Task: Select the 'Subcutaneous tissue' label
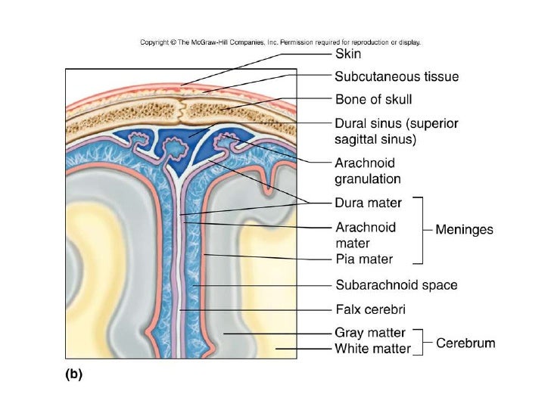pos(397,76)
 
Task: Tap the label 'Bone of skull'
pos(373,99)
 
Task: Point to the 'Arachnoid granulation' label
pos(368,171)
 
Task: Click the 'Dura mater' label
pos(368,203)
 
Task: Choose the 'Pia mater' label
pos(364,259)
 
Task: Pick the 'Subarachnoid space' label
pos(397,285)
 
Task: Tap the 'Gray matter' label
pos(370,333)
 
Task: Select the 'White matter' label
pos(372,349)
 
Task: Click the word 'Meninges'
pos(465,230)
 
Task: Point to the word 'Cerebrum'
pos(465,343)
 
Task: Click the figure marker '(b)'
pos(72,372)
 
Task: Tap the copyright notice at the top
pos(280,42)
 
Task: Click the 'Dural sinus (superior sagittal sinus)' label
pos(397,131)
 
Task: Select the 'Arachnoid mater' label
pos(366,234)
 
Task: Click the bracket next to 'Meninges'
pos(419,230)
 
